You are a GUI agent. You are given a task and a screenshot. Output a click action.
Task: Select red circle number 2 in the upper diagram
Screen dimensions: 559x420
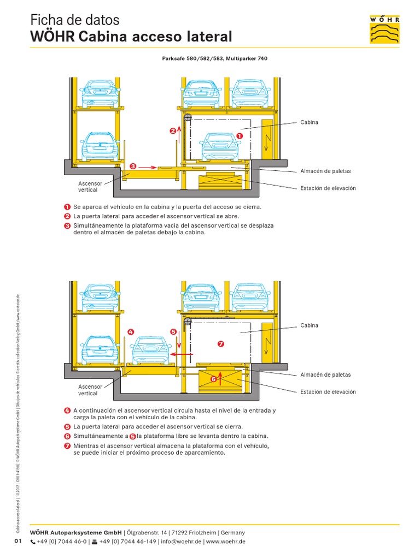173,130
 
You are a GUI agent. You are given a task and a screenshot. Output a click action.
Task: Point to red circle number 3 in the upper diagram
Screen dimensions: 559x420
132,166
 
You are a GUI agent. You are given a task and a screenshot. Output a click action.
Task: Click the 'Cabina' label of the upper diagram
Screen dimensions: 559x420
309,122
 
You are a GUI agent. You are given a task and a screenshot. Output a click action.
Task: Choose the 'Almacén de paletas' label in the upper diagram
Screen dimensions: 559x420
325,171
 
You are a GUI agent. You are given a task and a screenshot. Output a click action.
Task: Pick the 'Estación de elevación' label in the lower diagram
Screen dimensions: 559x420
328,391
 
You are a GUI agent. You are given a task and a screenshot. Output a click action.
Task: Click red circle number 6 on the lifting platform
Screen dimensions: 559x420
214,378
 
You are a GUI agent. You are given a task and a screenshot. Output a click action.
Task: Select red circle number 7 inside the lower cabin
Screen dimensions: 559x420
221,344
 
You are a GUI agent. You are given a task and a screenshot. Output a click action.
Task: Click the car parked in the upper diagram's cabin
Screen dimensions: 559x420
220,146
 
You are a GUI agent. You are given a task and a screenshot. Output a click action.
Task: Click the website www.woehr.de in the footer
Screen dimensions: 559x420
225,542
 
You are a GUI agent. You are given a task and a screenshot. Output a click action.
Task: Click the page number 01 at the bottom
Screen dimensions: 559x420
17,541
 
